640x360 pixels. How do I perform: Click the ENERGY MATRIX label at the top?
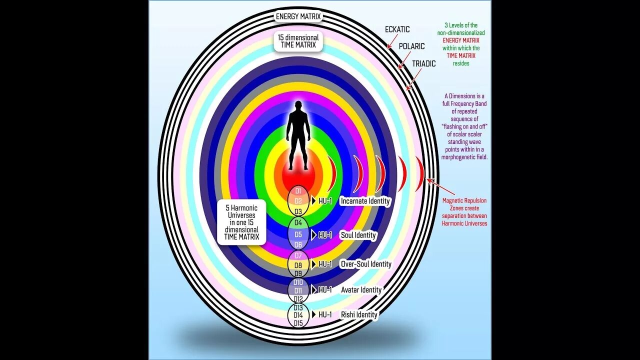coord(298,16)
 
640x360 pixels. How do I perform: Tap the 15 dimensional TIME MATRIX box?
coord(298,41)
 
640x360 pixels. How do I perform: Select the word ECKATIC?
coord(397,29)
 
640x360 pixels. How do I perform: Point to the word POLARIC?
coord(411,46)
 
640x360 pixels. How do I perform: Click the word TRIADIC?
coord(424,63)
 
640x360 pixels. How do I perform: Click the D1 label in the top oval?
coord(298,191)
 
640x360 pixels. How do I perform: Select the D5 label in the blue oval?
coord(298,234)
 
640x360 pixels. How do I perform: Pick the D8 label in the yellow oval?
coord(298,265)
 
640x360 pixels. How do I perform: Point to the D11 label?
coord(298,290)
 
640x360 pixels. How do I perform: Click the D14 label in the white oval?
coord(298,315)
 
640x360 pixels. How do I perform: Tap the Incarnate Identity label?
coord(365,201)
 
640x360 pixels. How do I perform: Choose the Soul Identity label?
coord(358,235)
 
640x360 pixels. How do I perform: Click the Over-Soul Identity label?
coord(365,264)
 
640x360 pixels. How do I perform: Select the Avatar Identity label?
coord(361,290)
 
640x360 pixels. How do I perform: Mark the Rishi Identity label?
coord(359,314)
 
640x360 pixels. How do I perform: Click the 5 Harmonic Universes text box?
coord(242,222)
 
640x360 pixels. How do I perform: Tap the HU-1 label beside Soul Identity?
coord(325,235)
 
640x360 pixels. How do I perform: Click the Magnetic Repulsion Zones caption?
coord(464,212)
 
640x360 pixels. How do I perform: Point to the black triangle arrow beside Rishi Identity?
coord(313,314)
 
